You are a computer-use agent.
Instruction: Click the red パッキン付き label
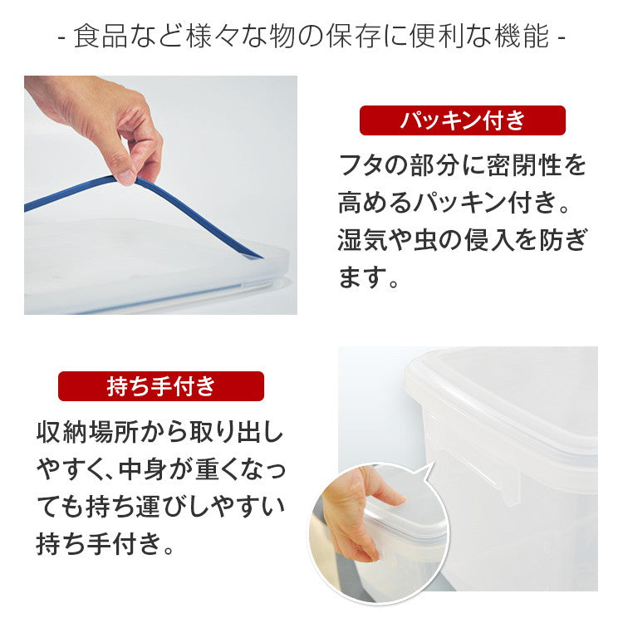[462, 120]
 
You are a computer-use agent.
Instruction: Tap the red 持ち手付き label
[160, 386]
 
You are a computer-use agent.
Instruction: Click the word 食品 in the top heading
[101, 37]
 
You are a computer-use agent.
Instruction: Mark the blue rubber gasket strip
[191, 208]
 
